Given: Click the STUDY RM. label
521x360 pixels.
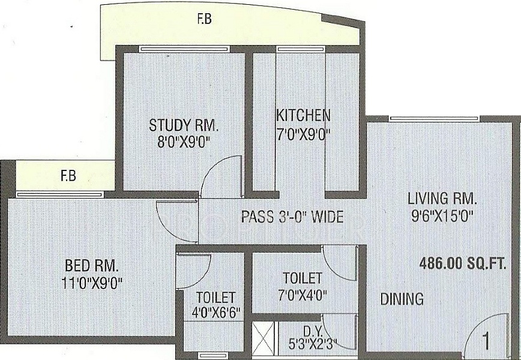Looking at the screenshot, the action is (183, 125).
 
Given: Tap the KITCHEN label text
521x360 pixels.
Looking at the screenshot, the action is (303, 116).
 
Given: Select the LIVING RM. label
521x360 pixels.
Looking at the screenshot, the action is (442, 199).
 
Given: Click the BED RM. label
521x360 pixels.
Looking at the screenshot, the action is (91, 266).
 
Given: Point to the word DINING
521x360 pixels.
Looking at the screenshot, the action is (402, 299).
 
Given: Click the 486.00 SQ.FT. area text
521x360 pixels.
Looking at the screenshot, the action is (463, 264).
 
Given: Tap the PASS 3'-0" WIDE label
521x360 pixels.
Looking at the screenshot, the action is (292, 217).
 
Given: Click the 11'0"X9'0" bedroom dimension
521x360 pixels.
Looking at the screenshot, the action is (92, 283).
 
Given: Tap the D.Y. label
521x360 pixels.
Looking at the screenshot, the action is (312, 331).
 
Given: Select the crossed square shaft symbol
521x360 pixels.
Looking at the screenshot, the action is (263, 336).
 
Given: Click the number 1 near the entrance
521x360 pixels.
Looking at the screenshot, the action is (486, 341).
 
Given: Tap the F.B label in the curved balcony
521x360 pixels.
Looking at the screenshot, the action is (205, 19).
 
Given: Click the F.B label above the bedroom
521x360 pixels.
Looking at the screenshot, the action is (68, 175).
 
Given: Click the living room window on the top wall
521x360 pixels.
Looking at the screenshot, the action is (435, 119).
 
